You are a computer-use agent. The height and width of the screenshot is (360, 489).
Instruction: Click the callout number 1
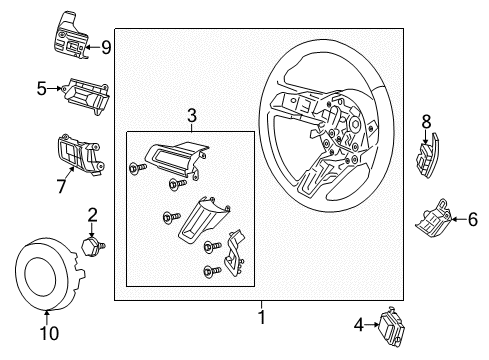[262, 317]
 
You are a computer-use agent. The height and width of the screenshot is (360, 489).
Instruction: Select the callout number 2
[92, 214]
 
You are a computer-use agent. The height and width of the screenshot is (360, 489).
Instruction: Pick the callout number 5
[41, 89]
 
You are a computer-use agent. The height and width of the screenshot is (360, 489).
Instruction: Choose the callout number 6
[472, 219]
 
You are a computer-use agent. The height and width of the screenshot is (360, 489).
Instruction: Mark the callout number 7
[59, 185]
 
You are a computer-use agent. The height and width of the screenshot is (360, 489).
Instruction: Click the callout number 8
[426, 122]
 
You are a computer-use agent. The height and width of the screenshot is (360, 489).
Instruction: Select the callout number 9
[107, 45]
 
